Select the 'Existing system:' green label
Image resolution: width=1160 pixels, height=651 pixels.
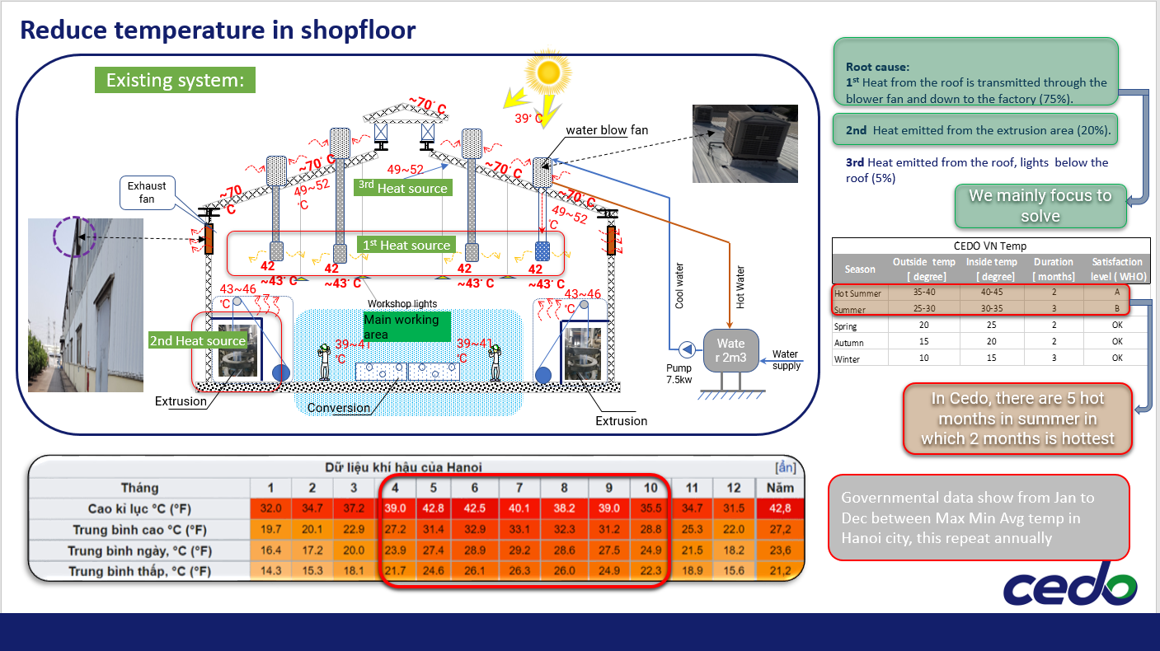[x=176, y=80]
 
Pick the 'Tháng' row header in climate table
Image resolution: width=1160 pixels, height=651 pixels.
[x=140, y=487]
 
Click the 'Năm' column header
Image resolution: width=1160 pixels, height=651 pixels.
[x=780, y=487]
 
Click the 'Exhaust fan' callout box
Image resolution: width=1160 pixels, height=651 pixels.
[x=147, y=193]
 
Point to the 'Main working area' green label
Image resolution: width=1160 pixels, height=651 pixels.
[x=406, y=325]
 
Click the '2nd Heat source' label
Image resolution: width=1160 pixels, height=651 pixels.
[x=198, y=340]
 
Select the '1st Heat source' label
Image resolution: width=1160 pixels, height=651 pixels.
[x=406, y=245]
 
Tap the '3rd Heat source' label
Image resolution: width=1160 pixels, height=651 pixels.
[x=403, y=188]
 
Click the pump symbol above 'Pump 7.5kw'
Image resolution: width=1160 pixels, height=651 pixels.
[x=685, y=347]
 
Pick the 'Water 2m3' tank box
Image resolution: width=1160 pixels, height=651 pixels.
[x=730, y=350]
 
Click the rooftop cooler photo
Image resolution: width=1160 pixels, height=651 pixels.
[x=744, y=143]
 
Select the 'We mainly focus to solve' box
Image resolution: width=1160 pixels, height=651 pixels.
[x=1040, y=206]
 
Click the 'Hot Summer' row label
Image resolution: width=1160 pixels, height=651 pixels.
[x=857, y=293]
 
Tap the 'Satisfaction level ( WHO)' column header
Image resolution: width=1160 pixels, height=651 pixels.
[x=1116, y=269]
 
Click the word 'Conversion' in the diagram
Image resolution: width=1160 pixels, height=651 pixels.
[x=338, y=408]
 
